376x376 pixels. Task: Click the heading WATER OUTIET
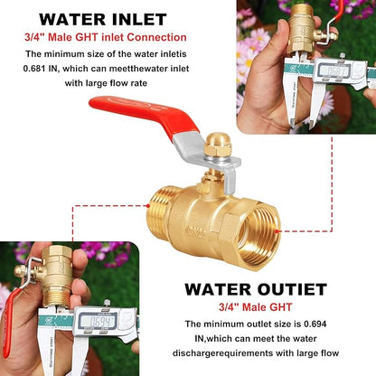coord(255,289)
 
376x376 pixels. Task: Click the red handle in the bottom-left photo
coord(9,298)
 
